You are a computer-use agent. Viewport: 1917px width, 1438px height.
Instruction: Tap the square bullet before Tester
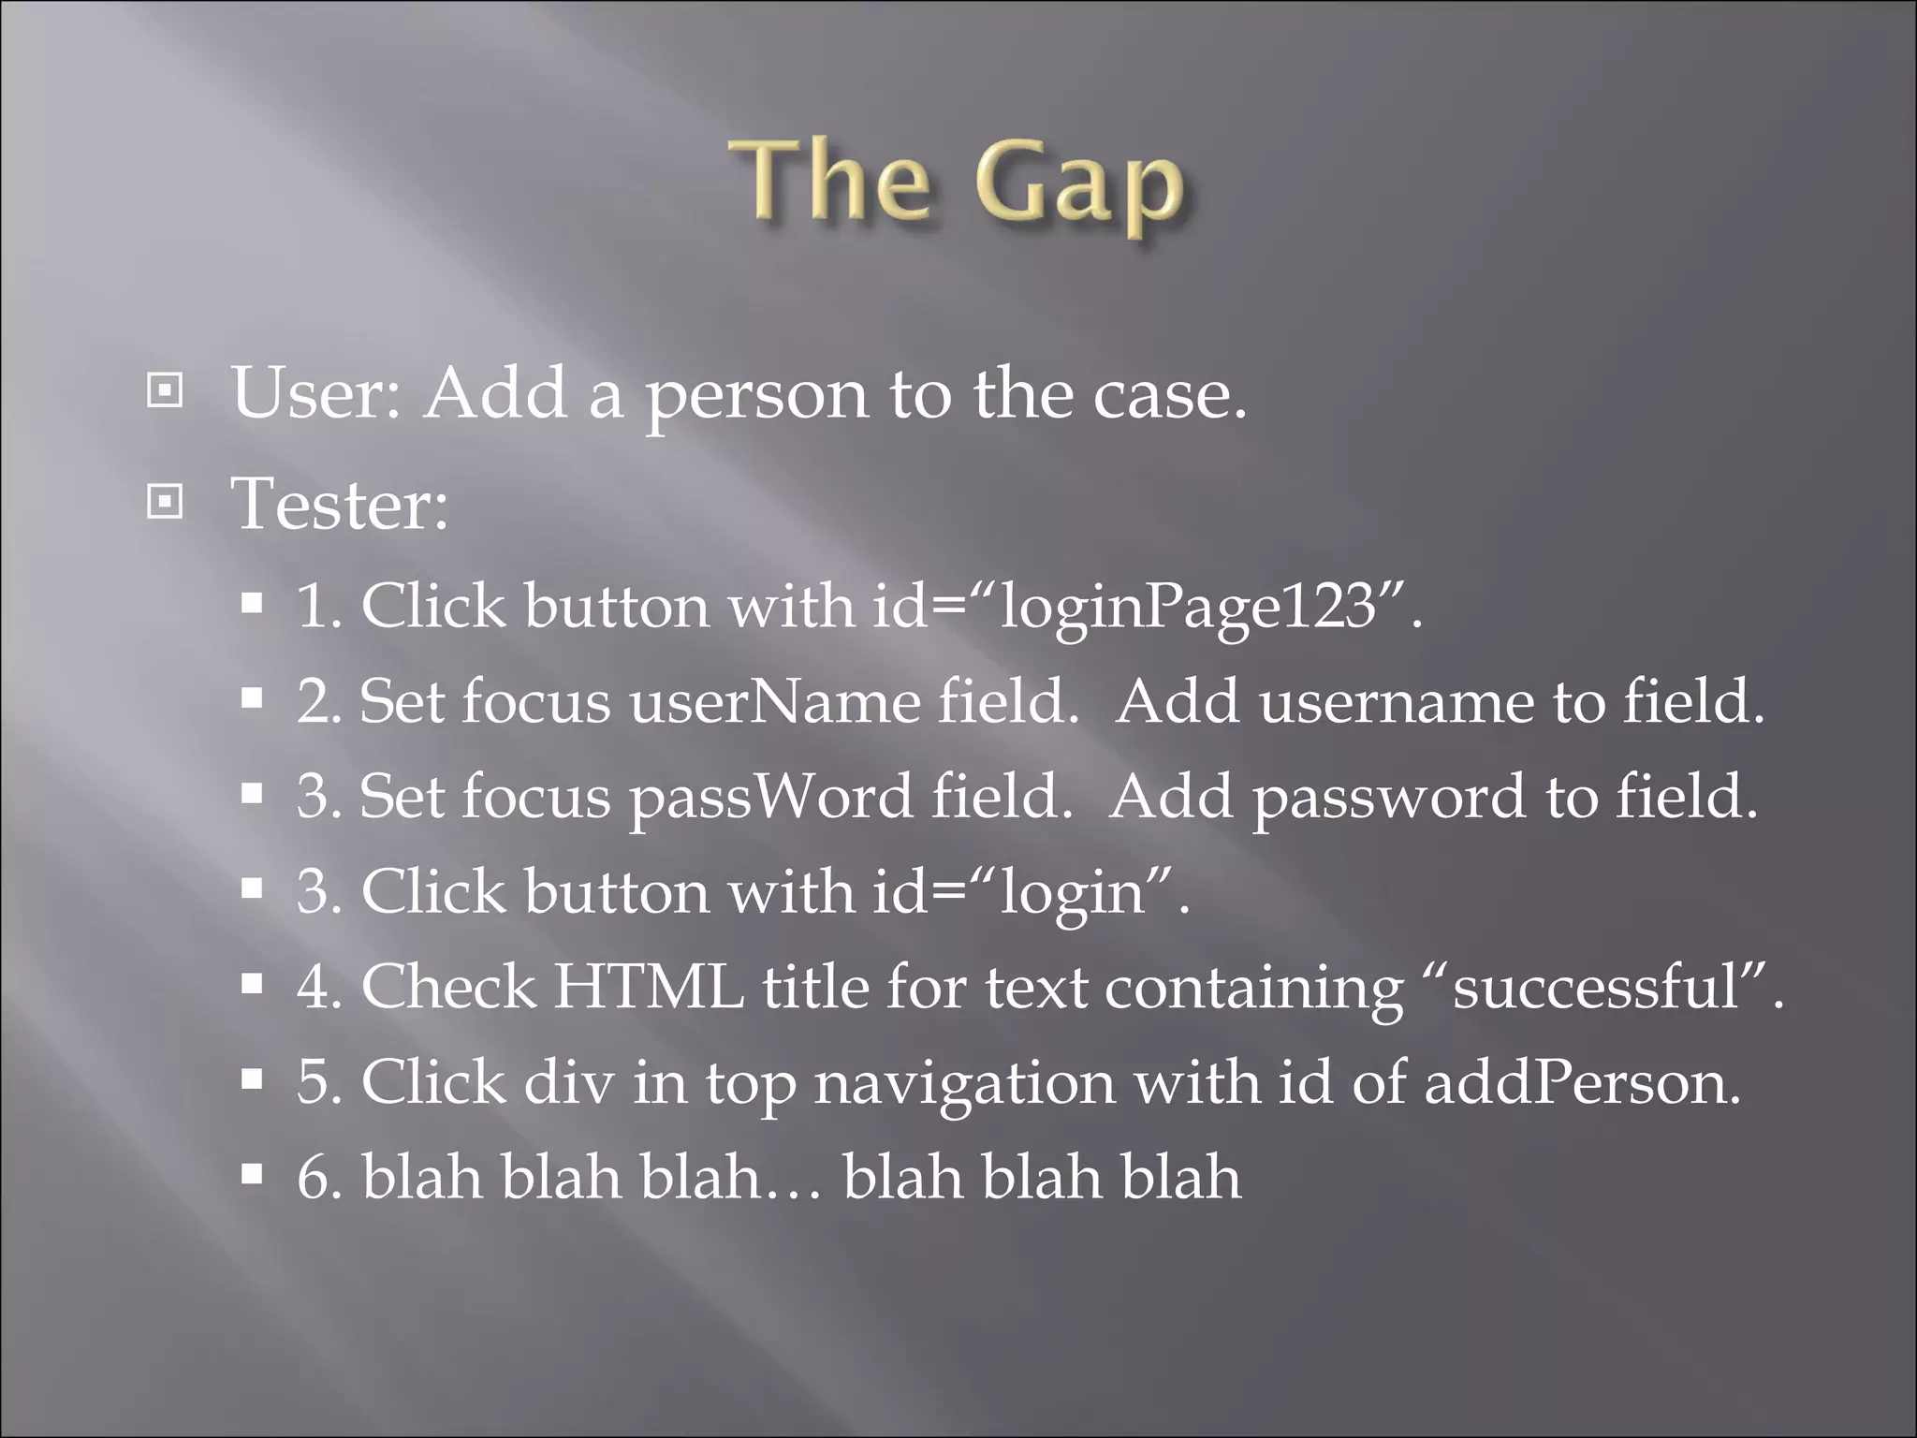(165, 504)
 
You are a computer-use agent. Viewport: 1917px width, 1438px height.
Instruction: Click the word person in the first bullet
(757, 397)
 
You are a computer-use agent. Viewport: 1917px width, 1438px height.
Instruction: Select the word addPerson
(1582, 1084)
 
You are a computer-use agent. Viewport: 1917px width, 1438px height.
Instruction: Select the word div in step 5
(568, 1083)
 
